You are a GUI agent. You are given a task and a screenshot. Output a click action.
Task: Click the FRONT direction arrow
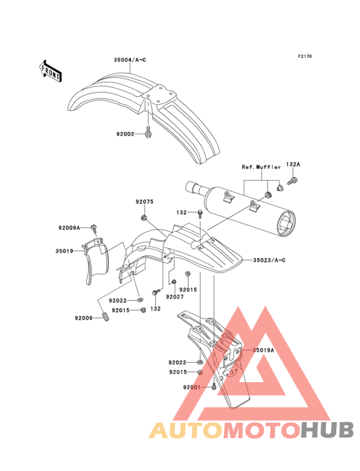pyautogui.click(x=50, y=71)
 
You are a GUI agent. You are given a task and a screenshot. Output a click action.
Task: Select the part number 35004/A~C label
pyautogui.click(x=130, y=60)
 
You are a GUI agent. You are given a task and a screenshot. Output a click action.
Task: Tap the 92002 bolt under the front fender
pyautogui.click(x=148, y=133)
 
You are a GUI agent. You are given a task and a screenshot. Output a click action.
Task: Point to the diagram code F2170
pyautogui.click(x=305, y=56)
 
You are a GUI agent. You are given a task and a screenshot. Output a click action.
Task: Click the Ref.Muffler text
pyautogui.click(x=261, y=167)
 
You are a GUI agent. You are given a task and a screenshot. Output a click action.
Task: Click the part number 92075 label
pyautogui.click(x=145, y=201)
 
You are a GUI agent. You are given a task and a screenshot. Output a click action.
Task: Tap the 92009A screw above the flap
pyautogui.click(x=94, y=229)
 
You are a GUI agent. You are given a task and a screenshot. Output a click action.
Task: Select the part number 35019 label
pyautogui.click(x=64, y=251)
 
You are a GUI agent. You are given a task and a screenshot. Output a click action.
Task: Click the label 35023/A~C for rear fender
pyautogui.click(x=269, y=260)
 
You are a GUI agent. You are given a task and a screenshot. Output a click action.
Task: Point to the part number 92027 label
pyautogui.click(x=175, y=297)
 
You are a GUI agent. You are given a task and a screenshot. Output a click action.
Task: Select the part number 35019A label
pyautogui.click(x=264, y=350)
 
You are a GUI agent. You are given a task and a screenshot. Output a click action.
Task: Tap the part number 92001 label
pyautogui.click(x=192, y=387)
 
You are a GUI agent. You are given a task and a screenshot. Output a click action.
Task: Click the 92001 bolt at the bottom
pyautogui.click(x=213, y=386)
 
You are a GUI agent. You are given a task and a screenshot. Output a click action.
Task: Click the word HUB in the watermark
pyautogui.click(x=328, y=430)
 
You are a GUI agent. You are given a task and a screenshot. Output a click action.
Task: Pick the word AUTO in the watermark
pyautogui.click(x=186, y=430)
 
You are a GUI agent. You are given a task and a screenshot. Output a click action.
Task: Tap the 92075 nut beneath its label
pyautogui.click(x=144, y=217)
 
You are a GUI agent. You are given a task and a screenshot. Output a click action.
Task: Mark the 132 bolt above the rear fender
pyautogui.click(x=200, y=214)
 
